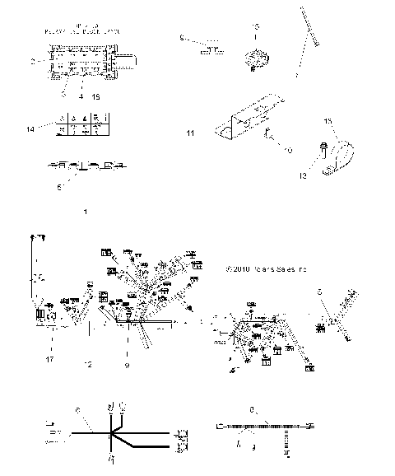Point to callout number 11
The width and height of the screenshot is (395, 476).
click(x=191, y=132)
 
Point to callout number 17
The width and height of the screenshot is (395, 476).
click(x=49, y=360)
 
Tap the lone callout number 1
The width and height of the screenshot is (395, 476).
click(x=85, y=212)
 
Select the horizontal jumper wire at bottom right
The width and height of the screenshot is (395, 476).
click(x=265, y=426)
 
